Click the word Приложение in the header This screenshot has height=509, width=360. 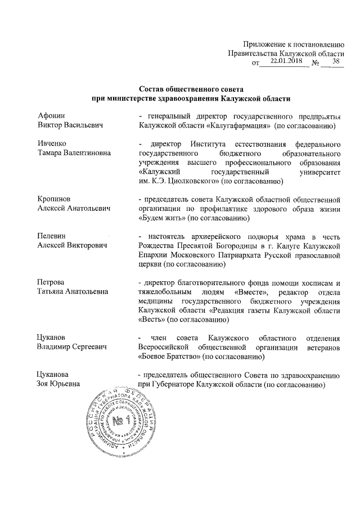[265, 44]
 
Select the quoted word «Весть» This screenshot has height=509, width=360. [153, 319]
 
